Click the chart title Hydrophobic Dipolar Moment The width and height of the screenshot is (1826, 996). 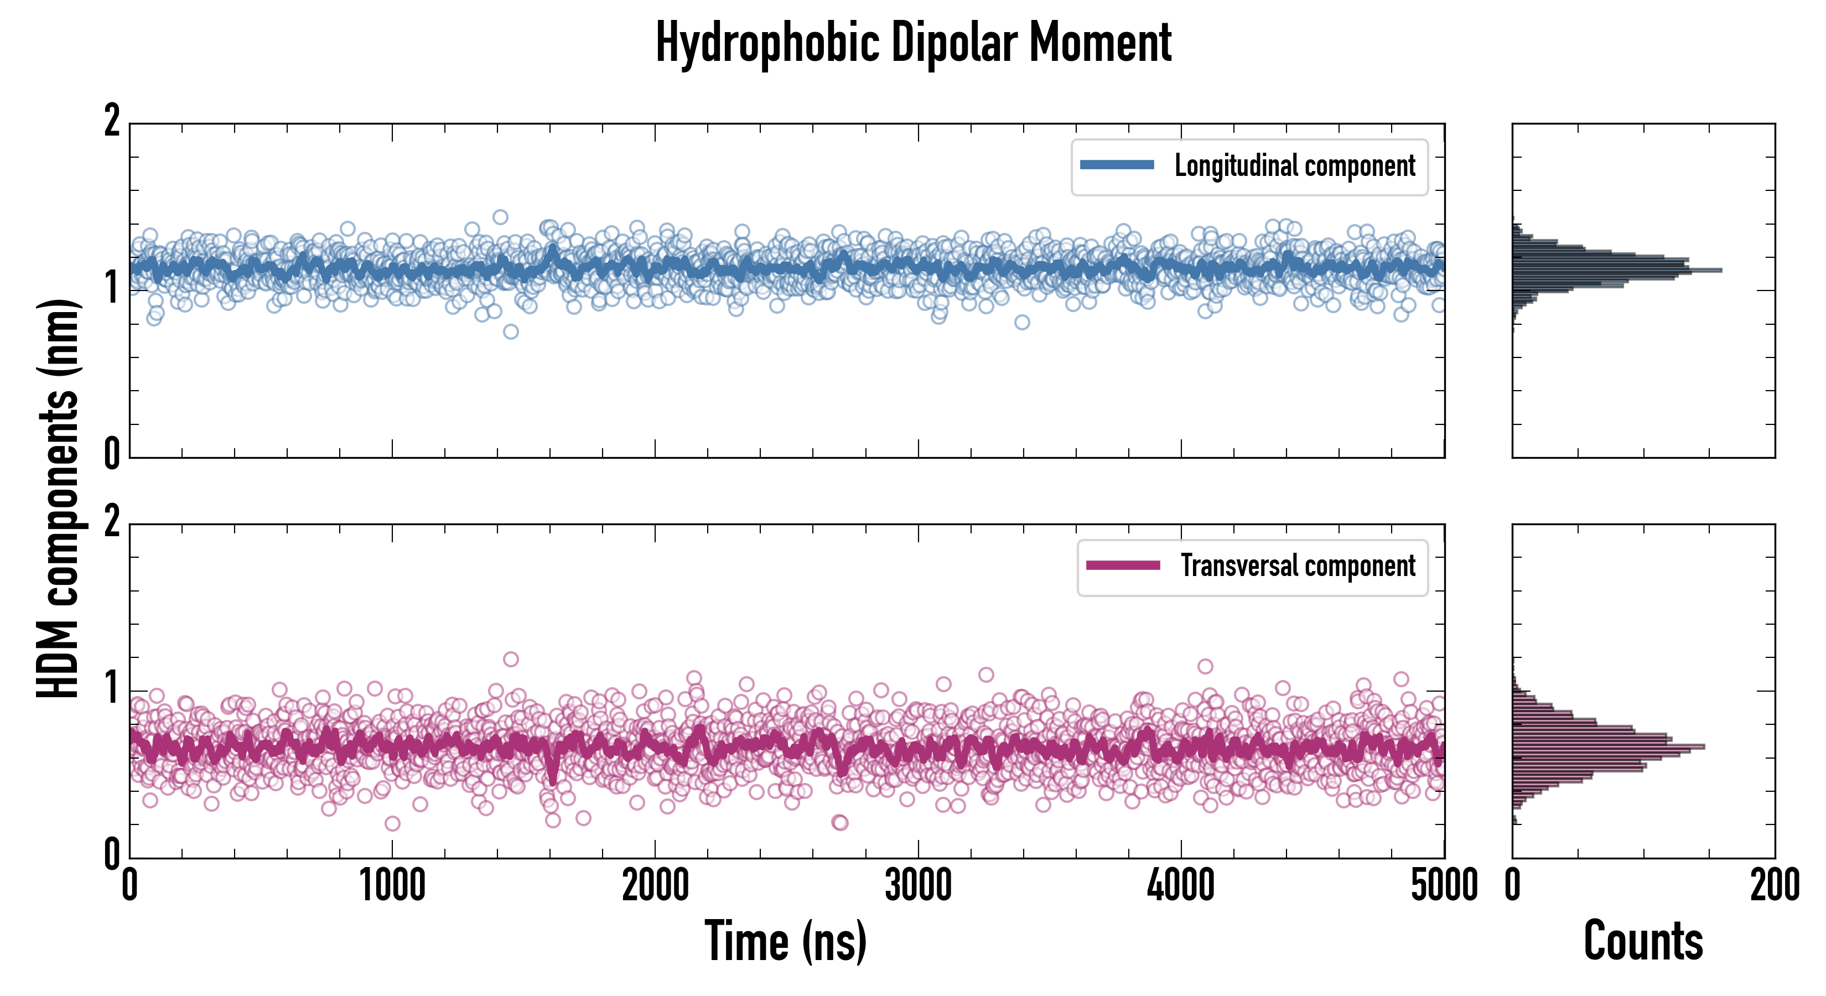click(x=913, y=43)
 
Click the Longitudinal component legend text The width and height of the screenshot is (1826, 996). click(x=1294, y=166)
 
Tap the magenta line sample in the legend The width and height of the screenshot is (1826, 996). click(x=1123, y=565)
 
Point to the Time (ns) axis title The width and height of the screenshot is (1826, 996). click(x=785, y=941)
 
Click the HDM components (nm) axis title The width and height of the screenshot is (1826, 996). click(x=58, y=499)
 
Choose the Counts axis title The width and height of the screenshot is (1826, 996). click(x=1643, y=941)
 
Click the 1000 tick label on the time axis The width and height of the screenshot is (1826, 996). click(x=392, y=886)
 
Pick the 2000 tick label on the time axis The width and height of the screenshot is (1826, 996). click(x=655, y=886)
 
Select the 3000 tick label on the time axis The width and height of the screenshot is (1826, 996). click(x=918, y=886)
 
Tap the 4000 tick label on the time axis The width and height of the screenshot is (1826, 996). click(x=1181, y=886)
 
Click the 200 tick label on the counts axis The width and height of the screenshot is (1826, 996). click(x=1774, y=886)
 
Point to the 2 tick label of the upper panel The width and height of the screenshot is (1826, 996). click(x=112, y=122)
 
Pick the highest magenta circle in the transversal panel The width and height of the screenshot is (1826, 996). click(x=510, y=659)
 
